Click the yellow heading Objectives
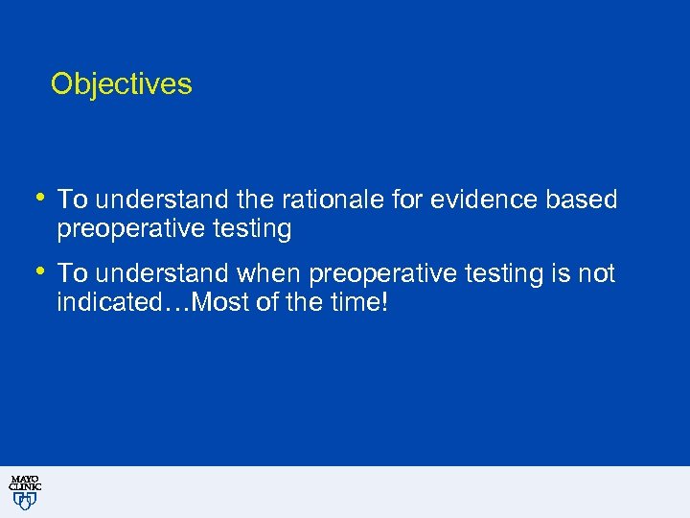121,84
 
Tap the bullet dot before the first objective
39,198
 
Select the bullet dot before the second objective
39,272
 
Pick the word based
581,200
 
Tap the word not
597,274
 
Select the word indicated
100,304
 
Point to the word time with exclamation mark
359,304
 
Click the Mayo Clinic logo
25,491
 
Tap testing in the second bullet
504,274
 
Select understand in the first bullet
150,200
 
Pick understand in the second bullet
150,274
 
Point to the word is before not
562,274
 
